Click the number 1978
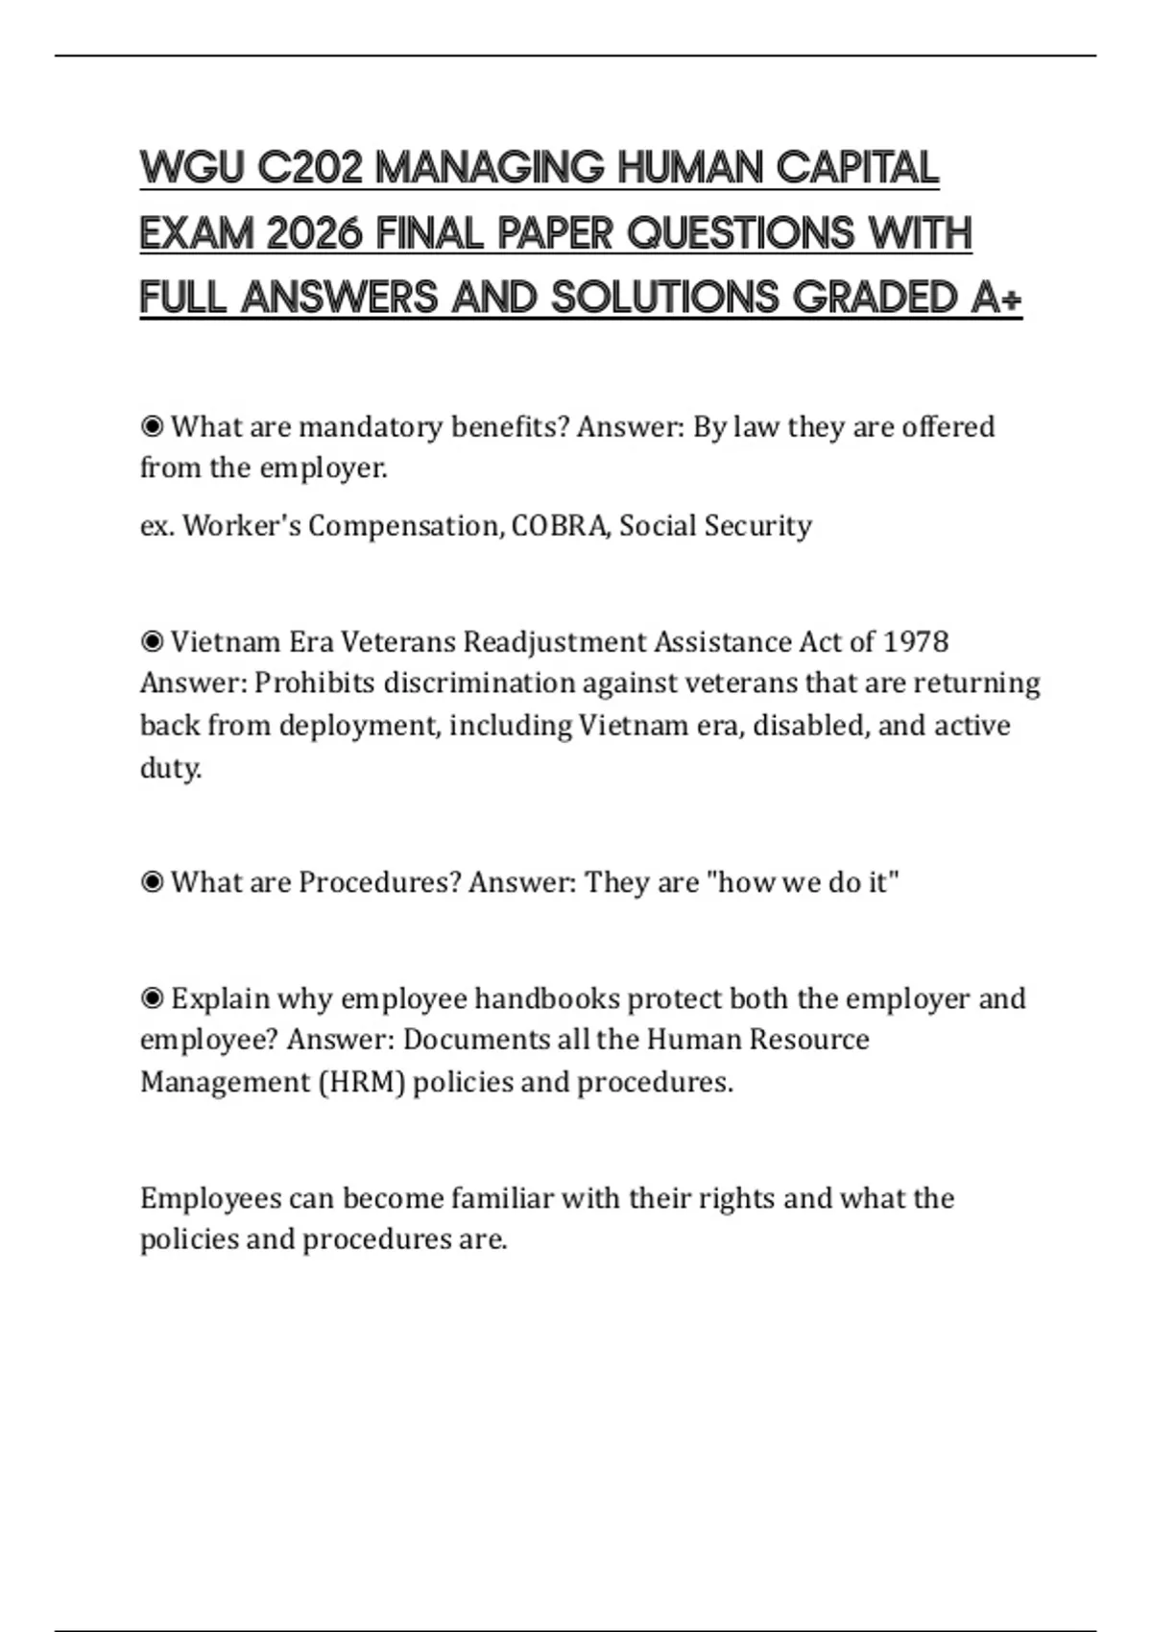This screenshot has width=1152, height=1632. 915,641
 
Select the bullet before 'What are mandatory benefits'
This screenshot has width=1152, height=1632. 152,426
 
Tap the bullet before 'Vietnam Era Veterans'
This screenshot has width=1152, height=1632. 152,641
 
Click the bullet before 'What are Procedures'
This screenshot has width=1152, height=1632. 152,882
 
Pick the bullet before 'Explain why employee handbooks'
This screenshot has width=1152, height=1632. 152,998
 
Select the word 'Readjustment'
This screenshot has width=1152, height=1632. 554,641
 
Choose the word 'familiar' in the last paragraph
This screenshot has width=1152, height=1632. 502,1198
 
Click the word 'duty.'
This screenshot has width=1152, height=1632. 171,768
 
